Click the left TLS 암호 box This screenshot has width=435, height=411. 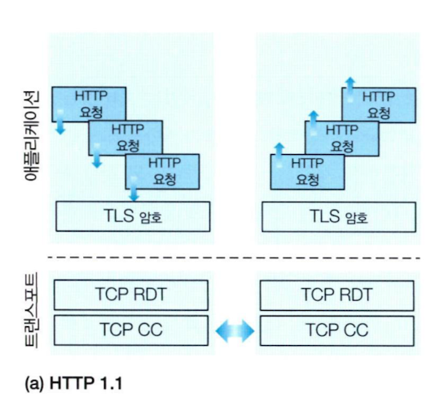(x=133, y=216)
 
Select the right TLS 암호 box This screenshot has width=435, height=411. (x=339, y=217)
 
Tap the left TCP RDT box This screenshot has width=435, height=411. (x=131, y=295)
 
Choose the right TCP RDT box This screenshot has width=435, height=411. (x=337, y=295)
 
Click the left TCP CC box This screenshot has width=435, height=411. (x=131, y=330)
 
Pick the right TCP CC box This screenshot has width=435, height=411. (x=337, y=331)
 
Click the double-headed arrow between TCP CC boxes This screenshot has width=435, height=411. (x=235, y=331)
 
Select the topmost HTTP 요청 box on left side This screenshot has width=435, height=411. (x=89, y=104)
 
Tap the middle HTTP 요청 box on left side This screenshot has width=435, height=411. (x=125, y=138)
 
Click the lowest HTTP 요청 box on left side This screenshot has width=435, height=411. (x=162, y=171)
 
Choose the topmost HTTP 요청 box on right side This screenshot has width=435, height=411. (x=379, y=105)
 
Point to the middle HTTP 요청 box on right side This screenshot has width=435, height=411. (x=342, y=139)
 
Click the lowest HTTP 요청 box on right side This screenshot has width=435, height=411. (x=307, y=172)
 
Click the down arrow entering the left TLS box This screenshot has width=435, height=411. (x=134, y=189)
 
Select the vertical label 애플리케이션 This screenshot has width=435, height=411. (x=32, y=136)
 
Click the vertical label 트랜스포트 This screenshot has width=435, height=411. (x=31, y=310)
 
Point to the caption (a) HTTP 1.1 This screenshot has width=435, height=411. (x=73, y=383)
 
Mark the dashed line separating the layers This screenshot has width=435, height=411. (x=234, y=258)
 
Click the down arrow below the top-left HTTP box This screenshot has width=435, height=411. (x=60, y=122)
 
